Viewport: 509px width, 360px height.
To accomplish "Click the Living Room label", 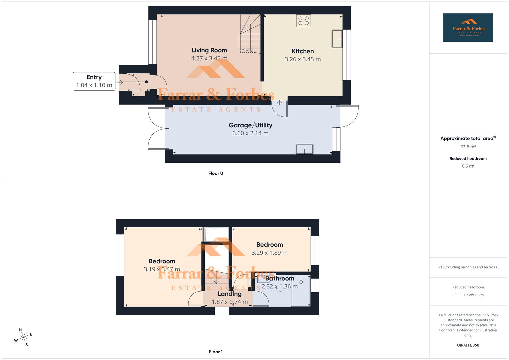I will pyautogui.click(x=209, y=50).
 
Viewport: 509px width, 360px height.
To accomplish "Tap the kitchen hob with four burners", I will pyautogui.click(x=303, y=21).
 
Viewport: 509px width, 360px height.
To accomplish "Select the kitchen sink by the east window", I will pyautogui.click(x=337, y=39).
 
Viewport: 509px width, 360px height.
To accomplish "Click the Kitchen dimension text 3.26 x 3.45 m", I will pyautogui.click(x=302, y=59).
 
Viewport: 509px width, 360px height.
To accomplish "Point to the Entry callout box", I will pyautogui.click(x=94, y=81).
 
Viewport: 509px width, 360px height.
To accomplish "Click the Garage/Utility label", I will pyautogui.click(x=250, y=125).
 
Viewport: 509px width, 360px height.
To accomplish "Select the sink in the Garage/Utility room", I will pyautogui.click(x=304, y=149).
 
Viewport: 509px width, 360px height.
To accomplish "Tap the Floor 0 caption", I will pyautogui.click(x=216, y=173).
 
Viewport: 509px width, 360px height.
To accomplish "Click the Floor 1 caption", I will pyautogui.click(x=216, y=352).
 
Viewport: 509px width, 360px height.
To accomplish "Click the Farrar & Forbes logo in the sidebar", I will pyautogui.click(x=468, y=28).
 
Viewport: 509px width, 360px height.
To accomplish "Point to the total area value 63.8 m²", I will pyautogui.click(x=468, y=147).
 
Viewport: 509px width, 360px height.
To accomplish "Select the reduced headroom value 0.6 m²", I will pyautogui.click(x=468, y=166).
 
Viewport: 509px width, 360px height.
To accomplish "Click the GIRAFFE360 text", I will pyautogui.click(x=468, y=345).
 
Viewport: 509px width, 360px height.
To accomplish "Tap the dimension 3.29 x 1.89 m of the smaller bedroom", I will pyautogui.click(x=269, y=253).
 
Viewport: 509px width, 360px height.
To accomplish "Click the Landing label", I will pyautogui.click(x=229, y=294).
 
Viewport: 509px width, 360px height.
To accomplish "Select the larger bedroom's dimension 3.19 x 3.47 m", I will pyautogui.click(x=162, y=269).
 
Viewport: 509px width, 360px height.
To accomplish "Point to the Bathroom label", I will pyautogui.click(x=280, y=279).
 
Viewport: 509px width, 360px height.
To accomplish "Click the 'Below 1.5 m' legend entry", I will pyautogui.click(x=473, y=295).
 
